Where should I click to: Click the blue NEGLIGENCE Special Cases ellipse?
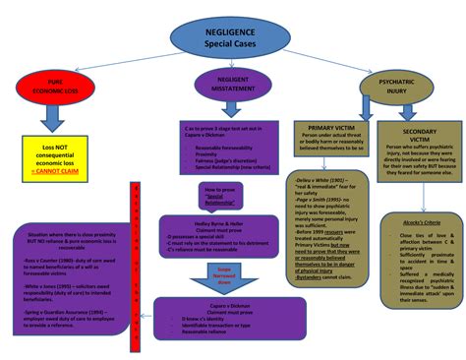[228, 36]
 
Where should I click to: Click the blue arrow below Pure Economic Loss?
[50, 117]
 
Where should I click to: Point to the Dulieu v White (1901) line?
[330, 181]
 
